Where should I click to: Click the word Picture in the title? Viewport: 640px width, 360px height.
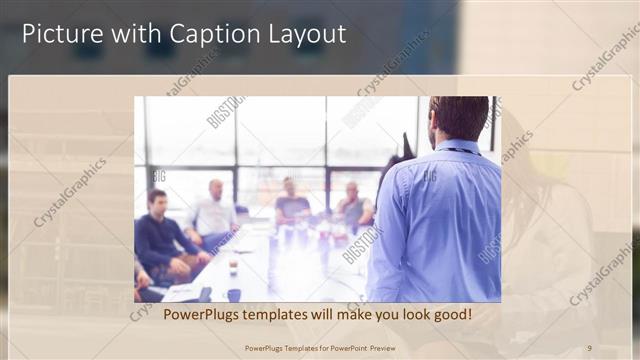[x=59, y=33]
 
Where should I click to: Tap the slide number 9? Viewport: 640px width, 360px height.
[x=589, y=347]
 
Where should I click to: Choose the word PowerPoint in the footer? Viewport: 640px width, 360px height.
[x=336, y=347]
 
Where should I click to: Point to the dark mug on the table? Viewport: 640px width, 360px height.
[x=233, y=295]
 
